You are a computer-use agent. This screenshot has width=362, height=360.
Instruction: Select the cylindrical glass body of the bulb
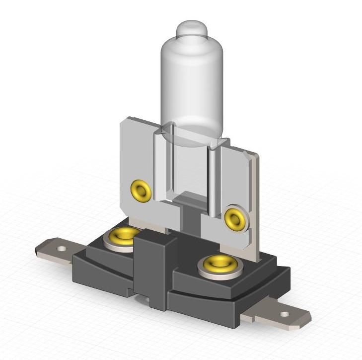coord(192,85)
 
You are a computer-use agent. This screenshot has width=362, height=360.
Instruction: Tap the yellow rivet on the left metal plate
coord(141,190)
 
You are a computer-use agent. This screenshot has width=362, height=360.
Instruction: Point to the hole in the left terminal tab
coord(61,248)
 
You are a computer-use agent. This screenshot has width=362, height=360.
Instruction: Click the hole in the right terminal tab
coord(284,314)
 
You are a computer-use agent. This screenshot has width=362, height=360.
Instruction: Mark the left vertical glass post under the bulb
coord(159,164)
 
